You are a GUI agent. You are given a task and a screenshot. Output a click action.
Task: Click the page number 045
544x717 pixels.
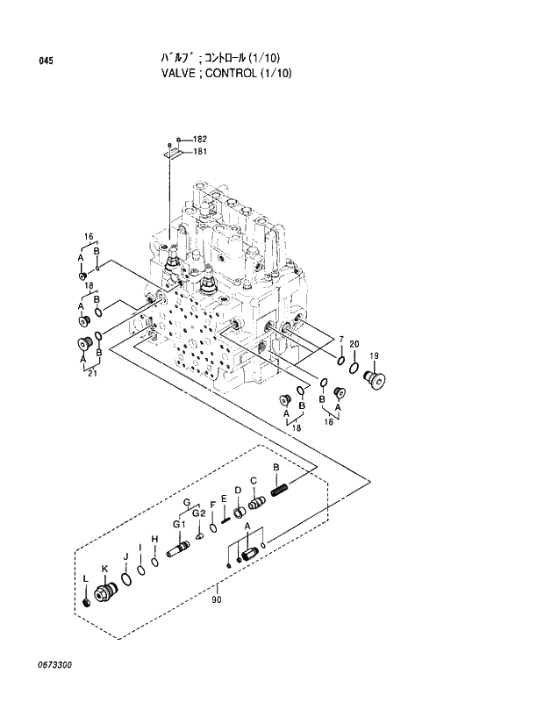pos(46,61)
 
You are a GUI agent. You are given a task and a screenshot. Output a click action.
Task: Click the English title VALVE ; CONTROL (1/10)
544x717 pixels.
pos(221,73)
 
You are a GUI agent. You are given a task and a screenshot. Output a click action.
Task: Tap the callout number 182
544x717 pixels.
pos(199,139)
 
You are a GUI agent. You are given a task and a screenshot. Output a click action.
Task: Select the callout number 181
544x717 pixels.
pos(199,151)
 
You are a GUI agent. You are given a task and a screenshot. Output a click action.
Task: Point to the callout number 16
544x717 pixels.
pos(89,237)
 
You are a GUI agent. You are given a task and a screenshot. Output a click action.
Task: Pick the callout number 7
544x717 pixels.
pos(341,339)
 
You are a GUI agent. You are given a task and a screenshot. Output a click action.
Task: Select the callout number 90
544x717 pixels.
pos(216,600)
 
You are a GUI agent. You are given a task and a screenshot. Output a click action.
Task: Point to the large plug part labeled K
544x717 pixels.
pos(107,593)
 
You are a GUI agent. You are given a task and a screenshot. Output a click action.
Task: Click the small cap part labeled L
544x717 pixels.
pos(86,603)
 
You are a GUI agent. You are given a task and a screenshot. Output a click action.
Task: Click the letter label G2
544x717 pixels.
pos(199,513)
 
